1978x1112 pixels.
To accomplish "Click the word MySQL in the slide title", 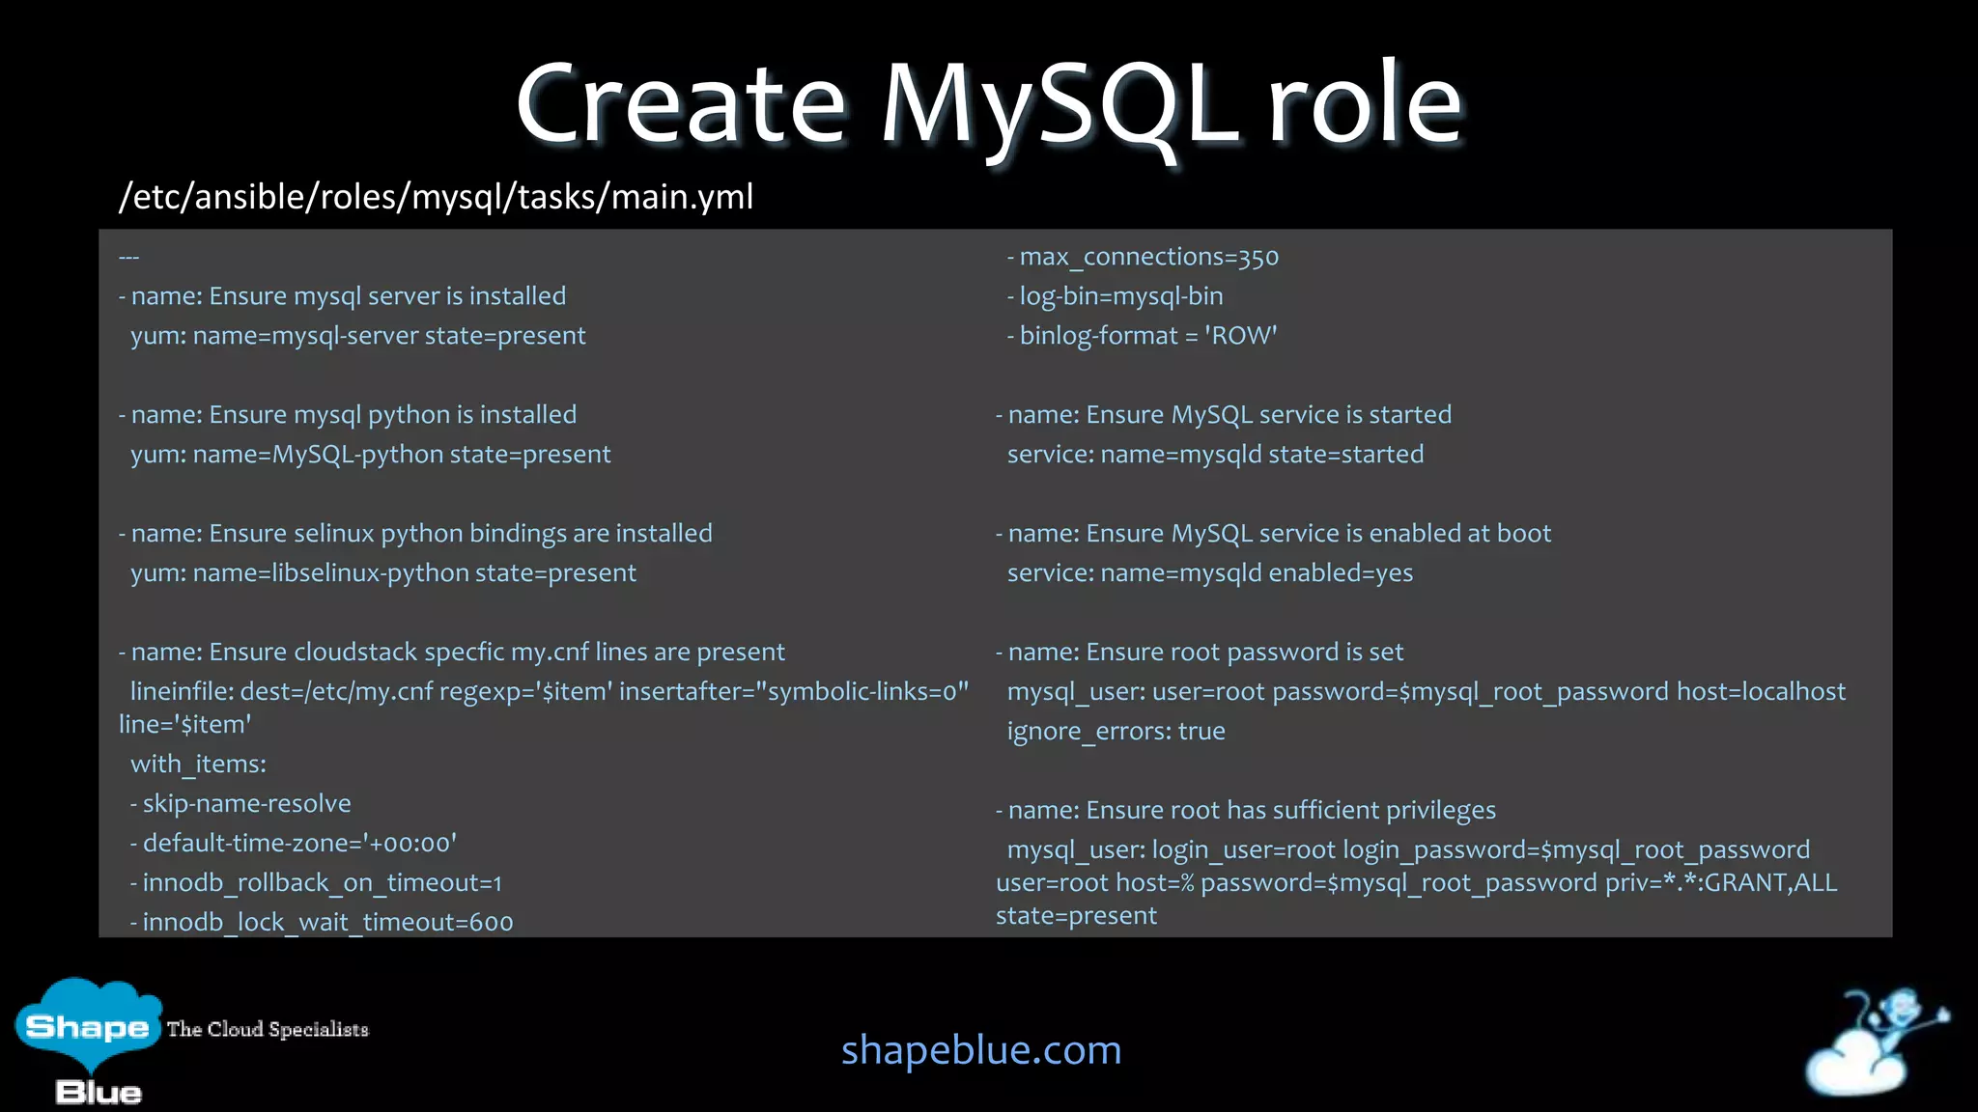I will click(x=1059, y=104).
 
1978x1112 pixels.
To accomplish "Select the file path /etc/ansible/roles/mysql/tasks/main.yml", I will click(x=436, y=197).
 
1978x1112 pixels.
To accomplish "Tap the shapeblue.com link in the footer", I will click(x=981, y=1049).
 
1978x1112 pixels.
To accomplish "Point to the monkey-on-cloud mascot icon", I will click(x=1874, y=1042).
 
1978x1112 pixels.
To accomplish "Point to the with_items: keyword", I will click(x=198, y=764).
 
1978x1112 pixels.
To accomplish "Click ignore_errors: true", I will click(x=1116, y=731).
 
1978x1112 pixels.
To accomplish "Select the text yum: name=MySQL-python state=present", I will click(x=371, y=454).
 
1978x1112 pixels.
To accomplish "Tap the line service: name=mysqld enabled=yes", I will click(x=1209, y=572).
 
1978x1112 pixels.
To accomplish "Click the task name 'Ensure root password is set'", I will click(x=1244, y=652).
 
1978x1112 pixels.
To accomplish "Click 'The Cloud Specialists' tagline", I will click(x=268, y=1029).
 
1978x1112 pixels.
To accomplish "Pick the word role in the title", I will click(x=1364, y=104).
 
